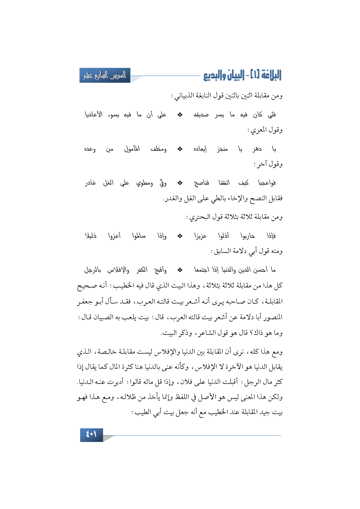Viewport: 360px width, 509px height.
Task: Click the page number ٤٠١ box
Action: click(91, 435)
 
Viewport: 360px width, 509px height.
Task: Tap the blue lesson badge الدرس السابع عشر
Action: click(105, 75)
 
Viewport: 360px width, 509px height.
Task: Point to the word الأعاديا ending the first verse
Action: click(93, 115)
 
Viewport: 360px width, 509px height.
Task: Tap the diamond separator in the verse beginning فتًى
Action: click(180, 115)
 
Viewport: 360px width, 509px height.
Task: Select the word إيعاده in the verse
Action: click(200, 149)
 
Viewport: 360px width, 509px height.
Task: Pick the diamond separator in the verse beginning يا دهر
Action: click(180, 149)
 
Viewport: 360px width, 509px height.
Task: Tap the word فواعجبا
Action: click(267, 183)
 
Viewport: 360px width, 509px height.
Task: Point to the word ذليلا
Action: click(91, 236)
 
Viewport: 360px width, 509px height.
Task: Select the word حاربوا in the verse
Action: click(247, 236)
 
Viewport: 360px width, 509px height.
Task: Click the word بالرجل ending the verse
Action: click(93, 270)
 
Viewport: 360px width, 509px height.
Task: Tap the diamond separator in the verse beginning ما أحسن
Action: click(180, 270)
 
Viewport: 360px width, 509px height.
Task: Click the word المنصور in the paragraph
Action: click(272, 317)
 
